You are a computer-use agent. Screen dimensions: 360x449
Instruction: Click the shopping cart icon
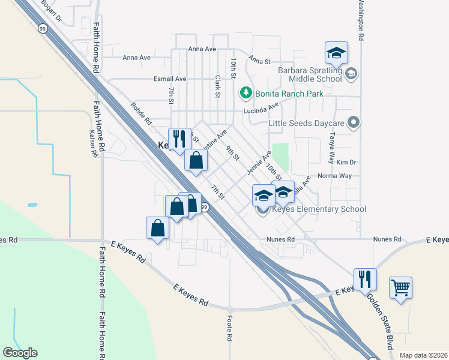[400, 286]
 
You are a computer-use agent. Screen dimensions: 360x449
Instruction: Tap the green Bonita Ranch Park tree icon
[245, 93]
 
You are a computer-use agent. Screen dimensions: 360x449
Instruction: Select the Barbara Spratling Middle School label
[310, 74]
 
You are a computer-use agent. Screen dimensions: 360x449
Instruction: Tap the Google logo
[20, 353]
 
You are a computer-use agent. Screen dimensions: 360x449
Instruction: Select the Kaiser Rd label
[93, 143]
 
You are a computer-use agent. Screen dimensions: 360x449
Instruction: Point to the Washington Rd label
[361, 20]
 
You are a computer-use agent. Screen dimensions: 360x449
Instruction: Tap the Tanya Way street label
[331, 148]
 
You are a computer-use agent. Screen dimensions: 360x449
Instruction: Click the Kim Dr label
[346, 162]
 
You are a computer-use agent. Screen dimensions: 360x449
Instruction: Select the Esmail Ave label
[170, 79]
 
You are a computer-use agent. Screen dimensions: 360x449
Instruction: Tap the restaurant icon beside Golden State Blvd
[365, 278]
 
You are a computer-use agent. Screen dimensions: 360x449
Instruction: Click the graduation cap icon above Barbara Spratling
[336, 52]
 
